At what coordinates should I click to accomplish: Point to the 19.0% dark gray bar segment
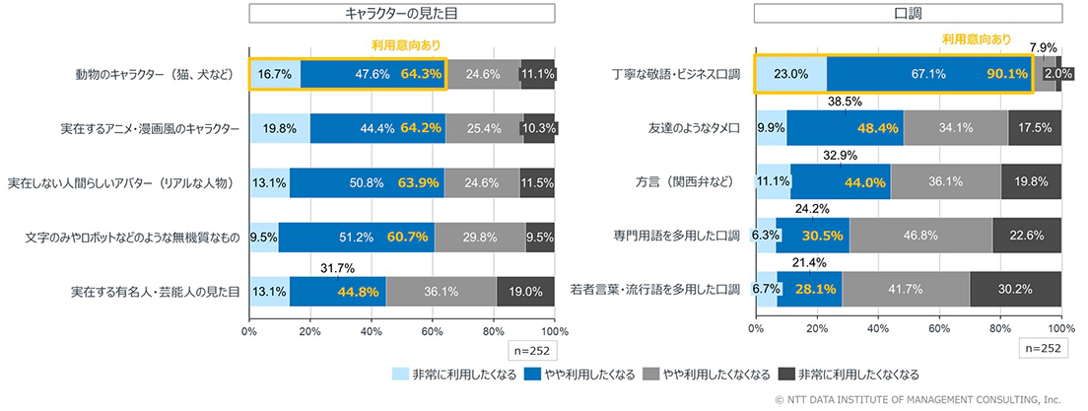tap(525, 291)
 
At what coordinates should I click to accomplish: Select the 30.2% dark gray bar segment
tap(1015, 289)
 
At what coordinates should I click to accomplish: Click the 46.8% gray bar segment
tap(920, 236)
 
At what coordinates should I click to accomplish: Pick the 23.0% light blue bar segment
tap(790, 73)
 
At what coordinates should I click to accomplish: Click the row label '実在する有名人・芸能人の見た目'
tap(155, 292)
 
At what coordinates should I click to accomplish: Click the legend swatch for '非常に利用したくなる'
tap(400, 375)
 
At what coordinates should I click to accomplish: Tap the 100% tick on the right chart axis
tap(1060, 327)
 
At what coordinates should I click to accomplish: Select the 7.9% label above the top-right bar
tap(1046, 47)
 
